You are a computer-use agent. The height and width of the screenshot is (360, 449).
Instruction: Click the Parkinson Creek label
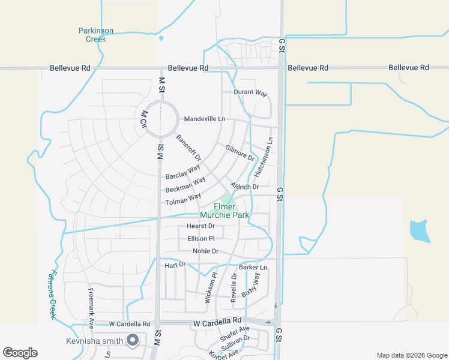(95, 35)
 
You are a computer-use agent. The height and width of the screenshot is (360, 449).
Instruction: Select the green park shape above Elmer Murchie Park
(226, 199)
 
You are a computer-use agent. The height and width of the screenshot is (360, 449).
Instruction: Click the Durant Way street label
(250, 93)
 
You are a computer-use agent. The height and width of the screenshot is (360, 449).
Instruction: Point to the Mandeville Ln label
(205, 119)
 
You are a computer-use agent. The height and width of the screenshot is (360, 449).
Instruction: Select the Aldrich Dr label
(244, 187)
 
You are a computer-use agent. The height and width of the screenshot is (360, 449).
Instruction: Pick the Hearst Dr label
(200, 226)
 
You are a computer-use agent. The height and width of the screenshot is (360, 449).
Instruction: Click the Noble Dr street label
(205, 251)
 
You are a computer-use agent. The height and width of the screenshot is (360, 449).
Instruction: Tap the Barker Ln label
(253, 267)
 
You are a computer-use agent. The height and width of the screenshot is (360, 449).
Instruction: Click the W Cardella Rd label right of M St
(217, 322)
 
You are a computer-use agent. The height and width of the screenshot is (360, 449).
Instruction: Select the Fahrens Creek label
(52, 293)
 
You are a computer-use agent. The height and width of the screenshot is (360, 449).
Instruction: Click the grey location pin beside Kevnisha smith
(133, 341)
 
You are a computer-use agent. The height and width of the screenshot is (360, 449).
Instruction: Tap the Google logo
(20, 353)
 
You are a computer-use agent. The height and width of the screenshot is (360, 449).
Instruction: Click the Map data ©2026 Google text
(411, 355)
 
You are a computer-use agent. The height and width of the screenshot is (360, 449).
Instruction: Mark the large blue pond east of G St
(420, 231)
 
